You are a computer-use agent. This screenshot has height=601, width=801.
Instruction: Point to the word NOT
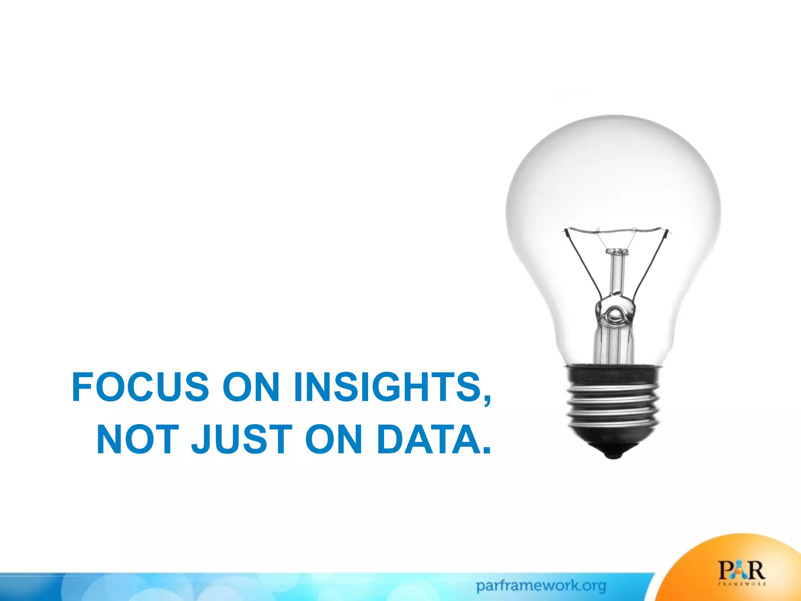point(138,440)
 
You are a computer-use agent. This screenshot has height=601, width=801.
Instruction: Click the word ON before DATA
point(334,440)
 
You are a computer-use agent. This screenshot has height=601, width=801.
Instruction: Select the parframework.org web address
point(541,586)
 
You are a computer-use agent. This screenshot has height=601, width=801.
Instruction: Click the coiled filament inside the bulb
point(616,230)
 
